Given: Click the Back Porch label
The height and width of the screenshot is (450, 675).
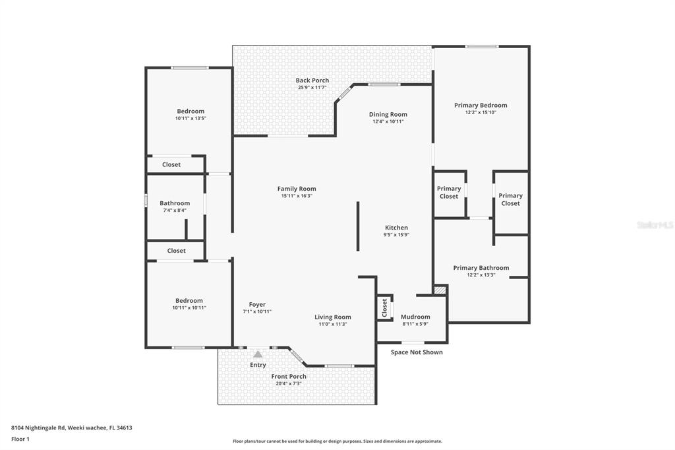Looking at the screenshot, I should [312, 80].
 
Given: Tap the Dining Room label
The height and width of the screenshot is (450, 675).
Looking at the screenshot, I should [388, 114].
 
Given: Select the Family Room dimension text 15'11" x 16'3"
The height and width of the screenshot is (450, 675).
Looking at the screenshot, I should [297, 196].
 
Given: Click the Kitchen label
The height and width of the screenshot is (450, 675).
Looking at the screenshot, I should [396, 228].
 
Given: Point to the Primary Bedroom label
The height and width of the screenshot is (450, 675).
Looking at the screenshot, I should [481, 105].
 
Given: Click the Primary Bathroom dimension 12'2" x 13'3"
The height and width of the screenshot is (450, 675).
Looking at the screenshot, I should [481, 275].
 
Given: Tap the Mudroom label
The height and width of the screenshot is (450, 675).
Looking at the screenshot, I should [415, 317].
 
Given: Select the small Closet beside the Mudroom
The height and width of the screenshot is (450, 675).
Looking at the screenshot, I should [385, 308].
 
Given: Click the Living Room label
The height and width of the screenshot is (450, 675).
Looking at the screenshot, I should [332, 317].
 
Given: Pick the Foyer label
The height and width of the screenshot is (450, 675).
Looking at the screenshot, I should [257, 304].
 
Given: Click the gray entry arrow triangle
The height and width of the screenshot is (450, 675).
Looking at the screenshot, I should [258, 354].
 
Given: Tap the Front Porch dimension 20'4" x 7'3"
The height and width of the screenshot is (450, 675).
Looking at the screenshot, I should [289, 383].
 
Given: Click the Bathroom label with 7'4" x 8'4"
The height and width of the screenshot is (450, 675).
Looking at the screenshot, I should [175, 203].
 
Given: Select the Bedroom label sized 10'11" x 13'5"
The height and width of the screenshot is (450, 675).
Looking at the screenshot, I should [191, 111].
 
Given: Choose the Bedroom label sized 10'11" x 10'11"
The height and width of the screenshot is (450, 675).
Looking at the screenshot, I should [189, 300].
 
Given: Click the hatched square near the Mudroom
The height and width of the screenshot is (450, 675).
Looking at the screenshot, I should [440, 290].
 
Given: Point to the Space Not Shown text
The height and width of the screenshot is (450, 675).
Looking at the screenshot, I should [417, 352].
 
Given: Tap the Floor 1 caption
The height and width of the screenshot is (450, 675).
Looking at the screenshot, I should [20, 439].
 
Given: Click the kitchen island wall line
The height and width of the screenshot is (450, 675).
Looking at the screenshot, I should [358, 226].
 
